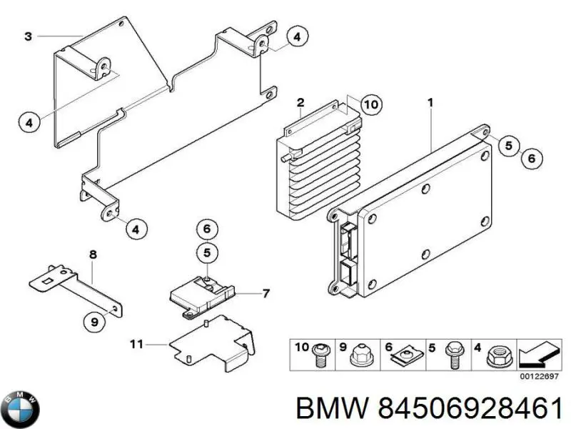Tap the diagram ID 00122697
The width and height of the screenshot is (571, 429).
[x=540, y=375]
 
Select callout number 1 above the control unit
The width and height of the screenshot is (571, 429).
[x=430, y=103]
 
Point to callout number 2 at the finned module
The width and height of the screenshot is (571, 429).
[x=301, y=102]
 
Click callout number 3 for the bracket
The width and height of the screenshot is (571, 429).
[x=27, y=36]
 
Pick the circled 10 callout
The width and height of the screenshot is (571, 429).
[x=369, y=105]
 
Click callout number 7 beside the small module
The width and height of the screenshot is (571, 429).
[x=266, y=292]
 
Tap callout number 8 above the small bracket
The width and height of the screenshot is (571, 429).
[x=91, y=255]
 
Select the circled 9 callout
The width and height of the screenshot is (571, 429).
[x=94, y=323]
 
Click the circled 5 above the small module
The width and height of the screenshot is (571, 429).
[x=206, y=252]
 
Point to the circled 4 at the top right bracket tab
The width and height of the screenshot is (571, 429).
[x=297, y=36]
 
